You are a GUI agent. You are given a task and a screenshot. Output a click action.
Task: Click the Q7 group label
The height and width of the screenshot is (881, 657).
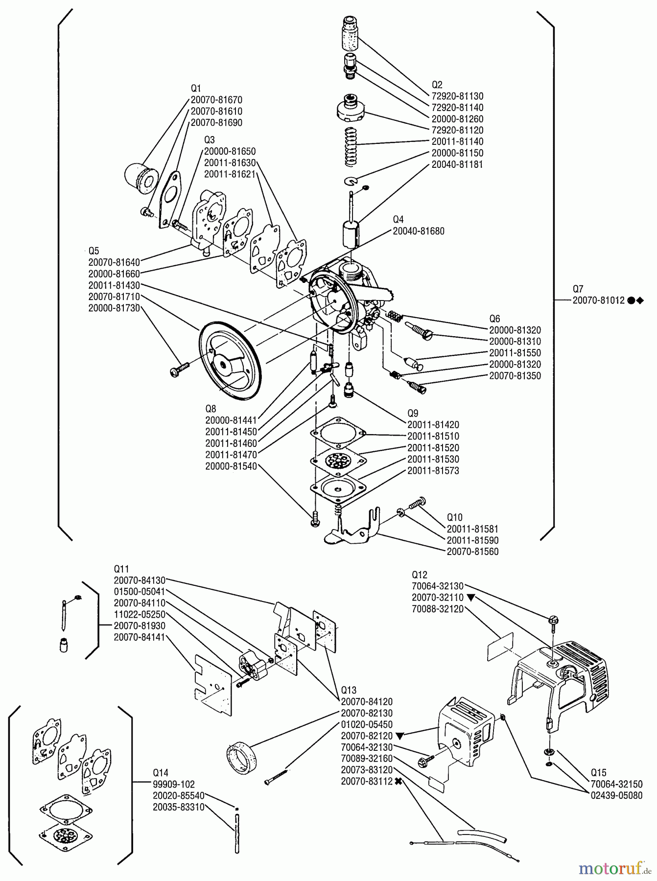578,289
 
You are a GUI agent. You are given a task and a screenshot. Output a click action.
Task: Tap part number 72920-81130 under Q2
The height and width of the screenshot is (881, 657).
457,96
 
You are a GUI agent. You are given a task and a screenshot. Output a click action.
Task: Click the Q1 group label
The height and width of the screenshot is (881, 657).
196,89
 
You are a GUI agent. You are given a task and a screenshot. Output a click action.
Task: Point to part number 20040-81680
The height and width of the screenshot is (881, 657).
419,231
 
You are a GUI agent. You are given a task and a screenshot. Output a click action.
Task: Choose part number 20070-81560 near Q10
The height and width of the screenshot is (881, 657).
472,552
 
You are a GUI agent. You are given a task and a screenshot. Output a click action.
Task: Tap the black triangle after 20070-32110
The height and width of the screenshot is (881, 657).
470,598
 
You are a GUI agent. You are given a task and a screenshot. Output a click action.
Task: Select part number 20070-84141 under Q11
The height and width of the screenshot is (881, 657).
140,637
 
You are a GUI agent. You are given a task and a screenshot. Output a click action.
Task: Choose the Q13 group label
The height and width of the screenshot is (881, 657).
349,690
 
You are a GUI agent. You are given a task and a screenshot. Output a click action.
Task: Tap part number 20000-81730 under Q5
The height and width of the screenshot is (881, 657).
114,308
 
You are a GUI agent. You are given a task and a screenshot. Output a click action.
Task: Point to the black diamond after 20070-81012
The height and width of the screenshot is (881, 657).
639,301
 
